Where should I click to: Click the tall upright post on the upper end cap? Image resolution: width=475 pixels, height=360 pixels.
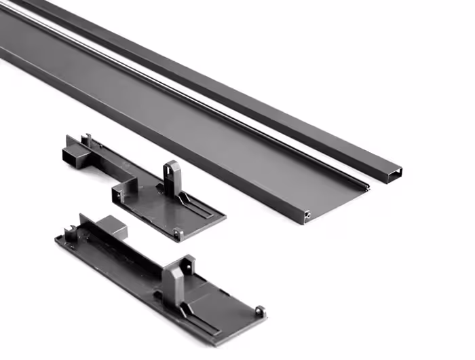pyautogui.click(x=171, y=176)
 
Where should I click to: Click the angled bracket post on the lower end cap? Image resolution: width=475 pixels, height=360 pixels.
pyautogui.click(x=178, y=272)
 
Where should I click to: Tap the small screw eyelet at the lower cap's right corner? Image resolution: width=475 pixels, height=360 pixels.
pyautogui.click(x=259, y=311)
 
